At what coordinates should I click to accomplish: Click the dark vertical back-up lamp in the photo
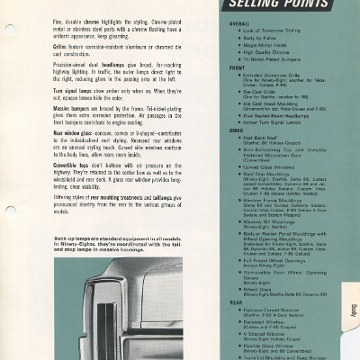click(164, 311)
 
